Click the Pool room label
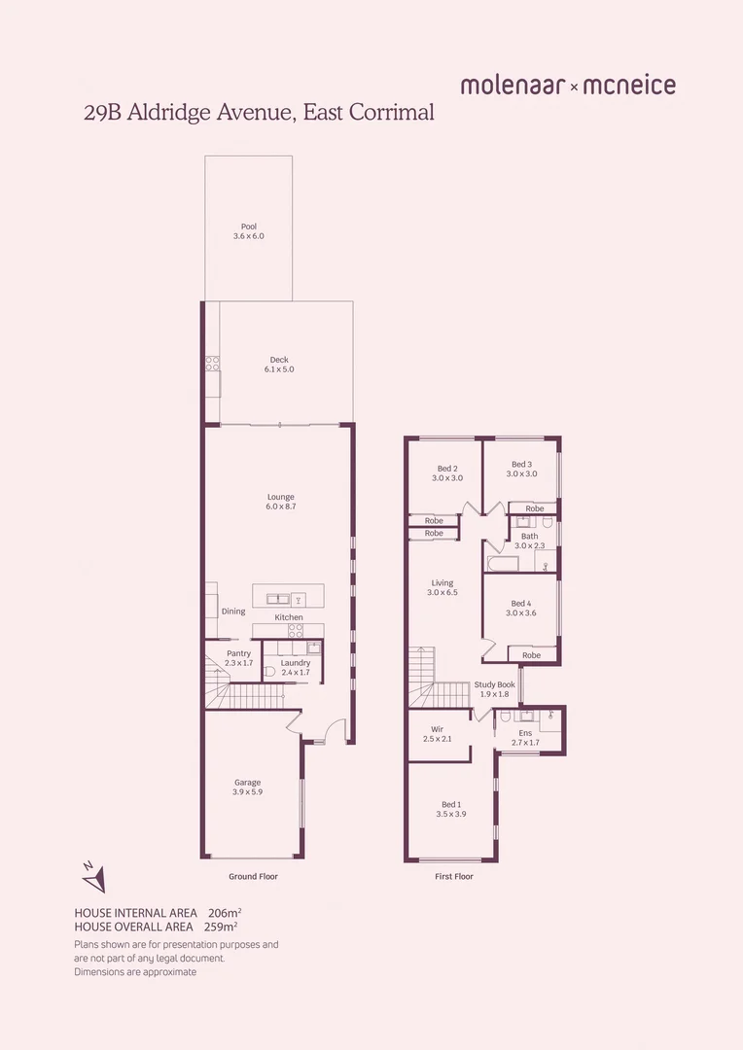pos(249,227)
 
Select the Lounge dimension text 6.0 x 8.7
pos(280,507)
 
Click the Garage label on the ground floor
pos(247,783)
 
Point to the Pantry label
pos(238,653)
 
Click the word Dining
pos(233,612)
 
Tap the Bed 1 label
pos(450,804)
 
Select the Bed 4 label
pos(521,604)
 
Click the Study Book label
pos(495,684)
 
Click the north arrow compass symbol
pos(92,877)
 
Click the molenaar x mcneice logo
pos(568,86)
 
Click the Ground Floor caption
pos(253,876)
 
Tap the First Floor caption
pos(453,876)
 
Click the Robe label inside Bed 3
pos(534,508)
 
